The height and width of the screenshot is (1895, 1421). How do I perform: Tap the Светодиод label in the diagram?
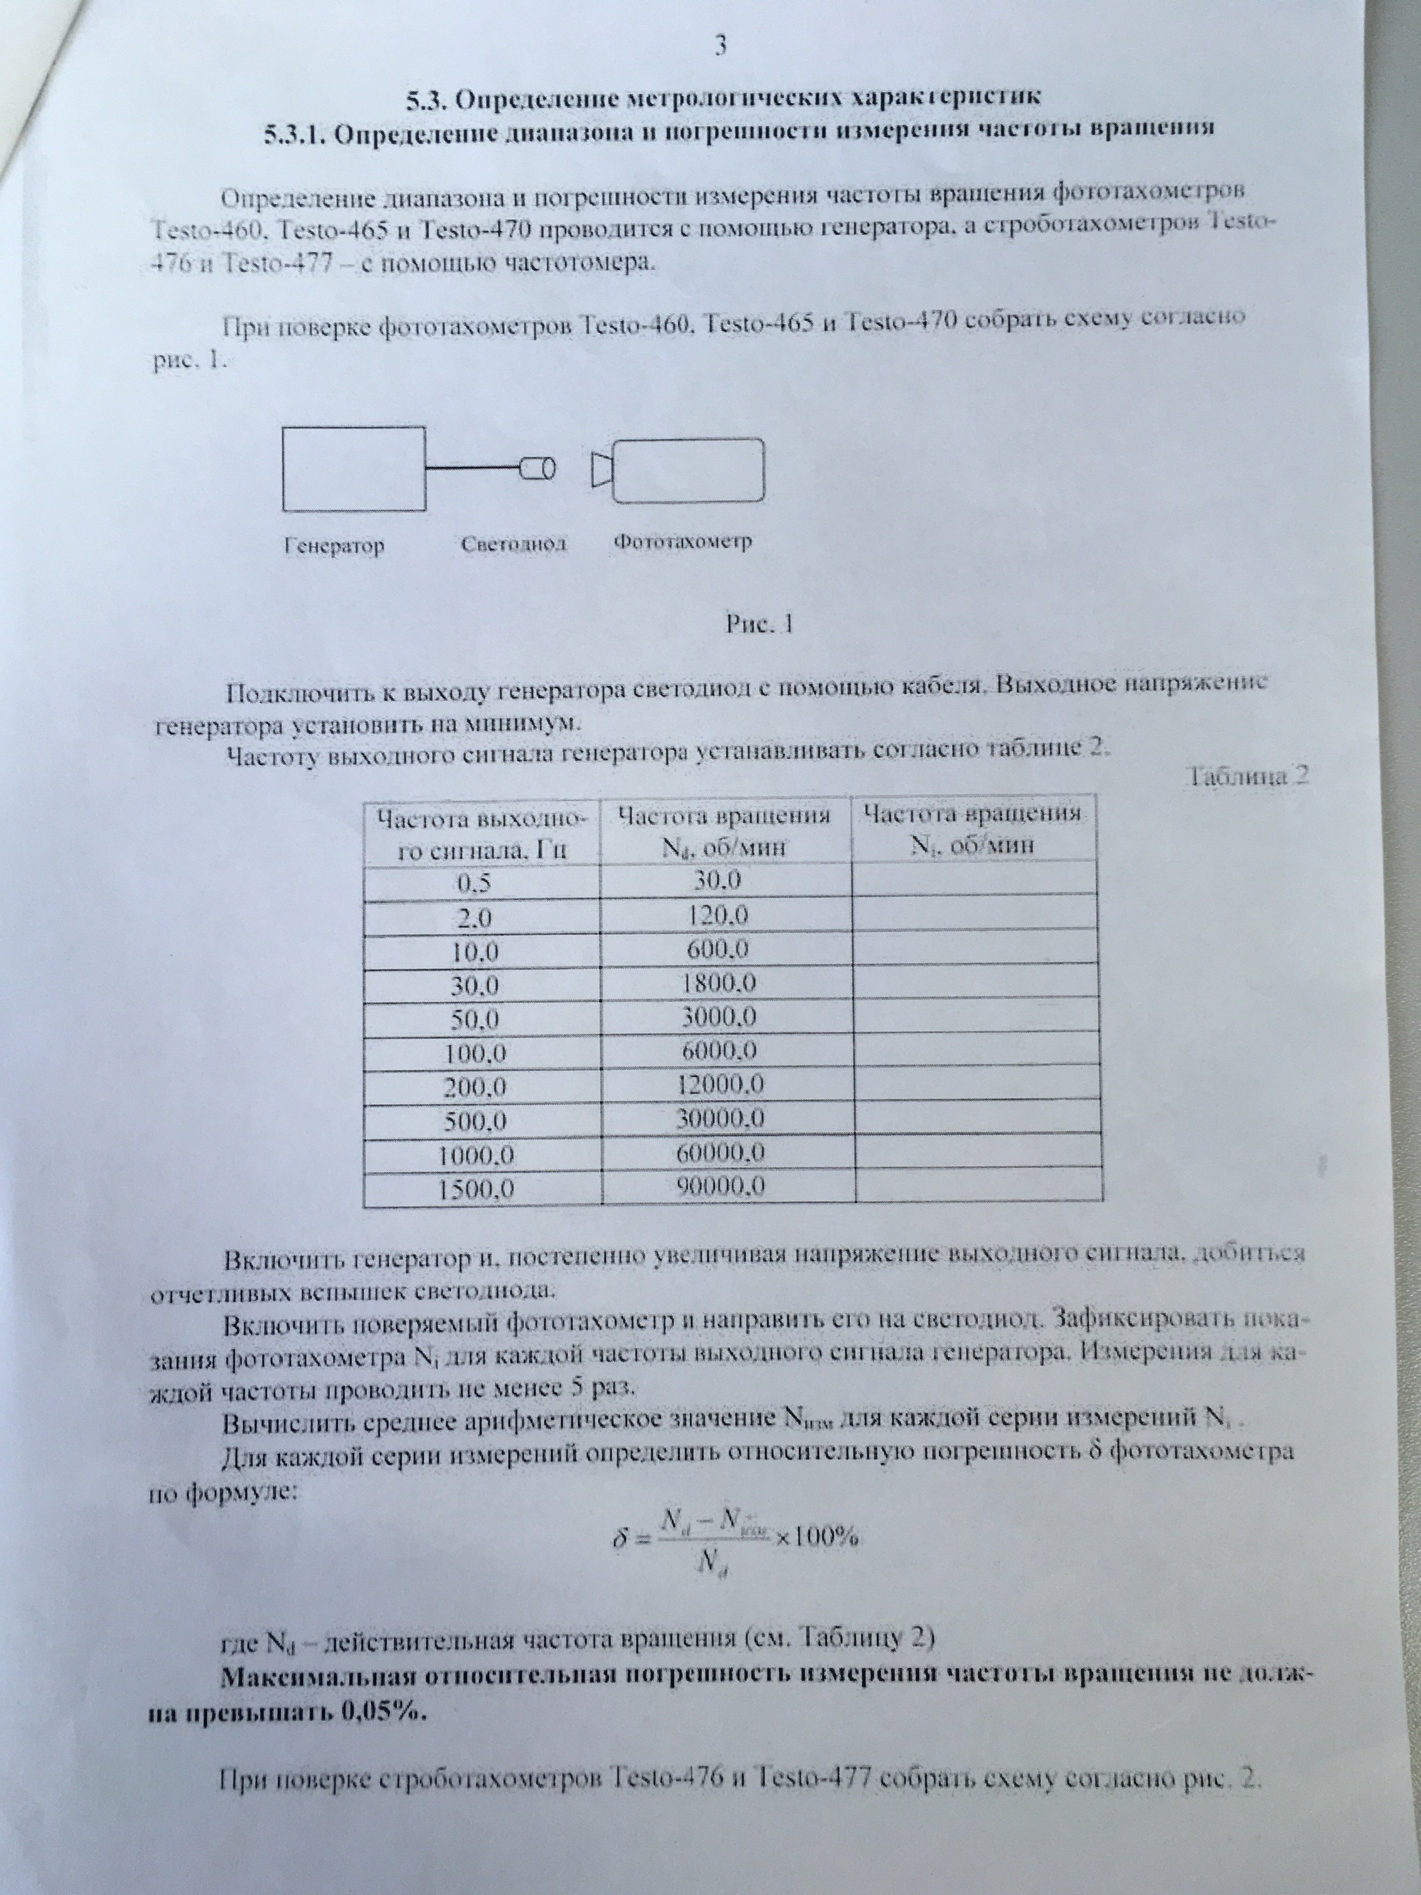pyautogui.click(x=514, y=544)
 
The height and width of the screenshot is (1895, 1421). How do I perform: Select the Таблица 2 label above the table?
pyautogui.click(x=1249, y=776)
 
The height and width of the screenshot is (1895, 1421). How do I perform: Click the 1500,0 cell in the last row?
pyautogui.click(x=477, y=1188)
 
